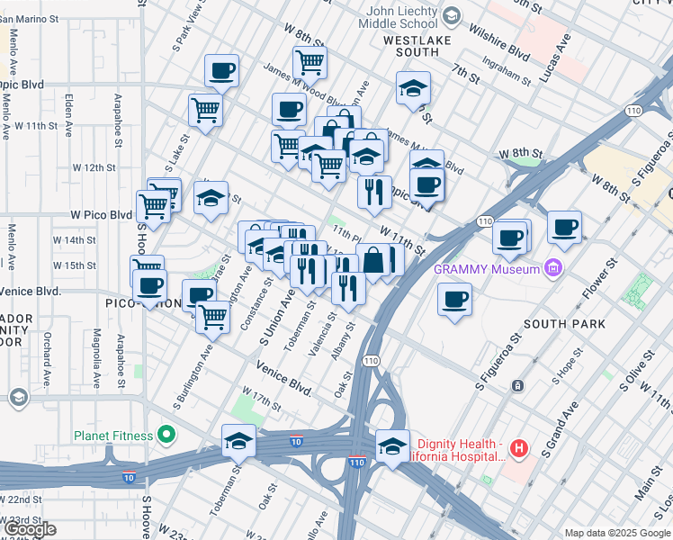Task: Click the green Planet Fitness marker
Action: [x=166, y=436]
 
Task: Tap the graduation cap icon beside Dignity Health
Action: [x=392, y=445]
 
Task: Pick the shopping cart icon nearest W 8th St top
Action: [x=310, y=62]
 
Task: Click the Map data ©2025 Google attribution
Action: [x=616, y=533]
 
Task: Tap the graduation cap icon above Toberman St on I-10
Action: [x=238, y=440]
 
